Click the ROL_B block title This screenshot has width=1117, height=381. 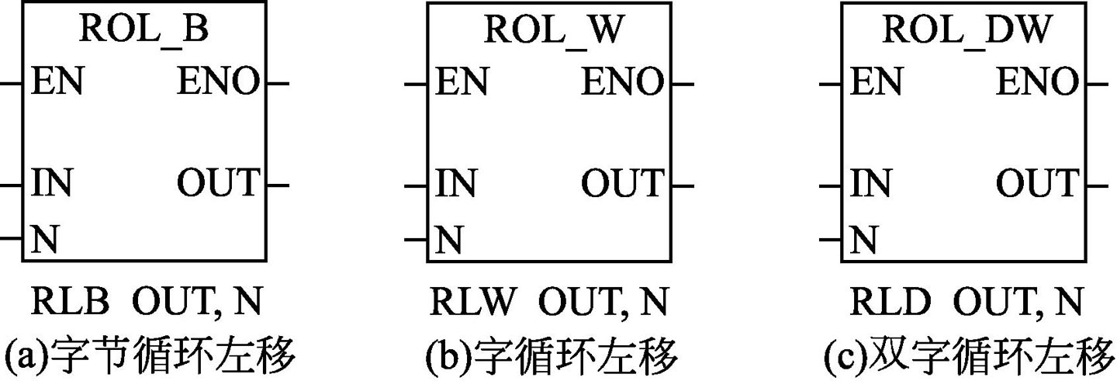click(144, 31)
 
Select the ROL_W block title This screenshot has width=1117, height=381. click(554, 32)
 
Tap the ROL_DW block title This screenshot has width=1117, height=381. click(968, 31)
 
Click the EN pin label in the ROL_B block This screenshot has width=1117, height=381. click(57, 81)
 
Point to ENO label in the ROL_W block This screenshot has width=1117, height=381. click(623, 81)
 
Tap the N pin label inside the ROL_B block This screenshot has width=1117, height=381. click(45, 239)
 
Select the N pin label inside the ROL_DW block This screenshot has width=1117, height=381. click(863, 239)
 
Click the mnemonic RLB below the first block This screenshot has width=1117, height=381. click(71, 301)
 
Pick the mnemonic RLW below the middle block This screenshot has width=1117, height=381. click(472, 301)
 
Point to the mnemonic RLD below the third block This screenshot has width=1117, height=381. click(890, 301)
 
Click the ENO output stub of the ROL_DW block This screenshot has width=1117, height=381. click(1098, 84)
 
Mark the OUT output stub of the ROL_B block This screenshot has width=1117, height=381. click(278, 185)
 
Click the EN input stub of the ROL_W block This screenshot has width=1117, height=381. click(416, 85)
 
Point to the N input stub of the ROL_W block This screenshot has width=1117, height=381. click(416, 240)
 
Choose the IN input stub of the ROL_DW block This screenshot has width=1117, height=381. click(830, 186)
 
